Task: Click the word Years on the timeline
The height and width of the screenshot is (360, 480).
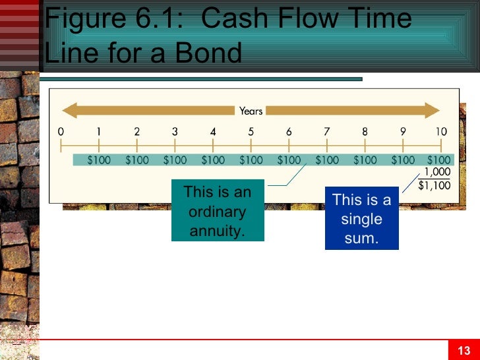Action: tap(251, 111)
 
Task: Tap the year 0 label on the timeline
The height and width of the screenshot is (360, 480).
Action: tap(61, 132)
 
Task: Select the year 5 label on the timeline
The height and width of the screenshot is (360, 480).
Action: tap(251, 132)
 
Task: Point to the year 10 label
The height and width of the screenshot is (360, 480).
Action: tap(440, 132)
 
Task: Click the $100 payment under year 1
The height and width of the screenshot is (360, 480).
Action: tap(99, 160)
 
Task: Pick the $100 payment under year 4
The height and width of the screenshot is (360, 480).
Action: tap(213, 160)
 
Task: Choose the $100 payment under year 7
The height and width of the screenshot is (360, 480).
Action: tap(327, 160)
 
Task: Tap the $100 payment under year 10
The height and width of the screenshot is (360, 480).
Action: tap(438, 160)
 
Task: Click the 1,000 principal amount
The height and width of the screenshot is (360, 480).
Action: tap(436, 173)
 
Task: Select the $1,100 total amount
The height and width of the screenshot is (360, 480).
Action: tap(435, 186)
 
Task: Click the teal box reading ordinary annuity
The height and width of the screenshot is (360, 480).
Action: tap(218, 211)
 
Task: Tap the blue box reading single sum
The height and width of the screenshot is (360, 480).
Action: tap(361, 218)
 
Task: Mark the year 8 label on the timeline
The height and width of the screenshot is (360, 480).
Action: tap(365, 132)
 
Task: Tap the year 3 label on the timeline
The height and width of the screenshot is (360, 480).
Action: tap(175, 132)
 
